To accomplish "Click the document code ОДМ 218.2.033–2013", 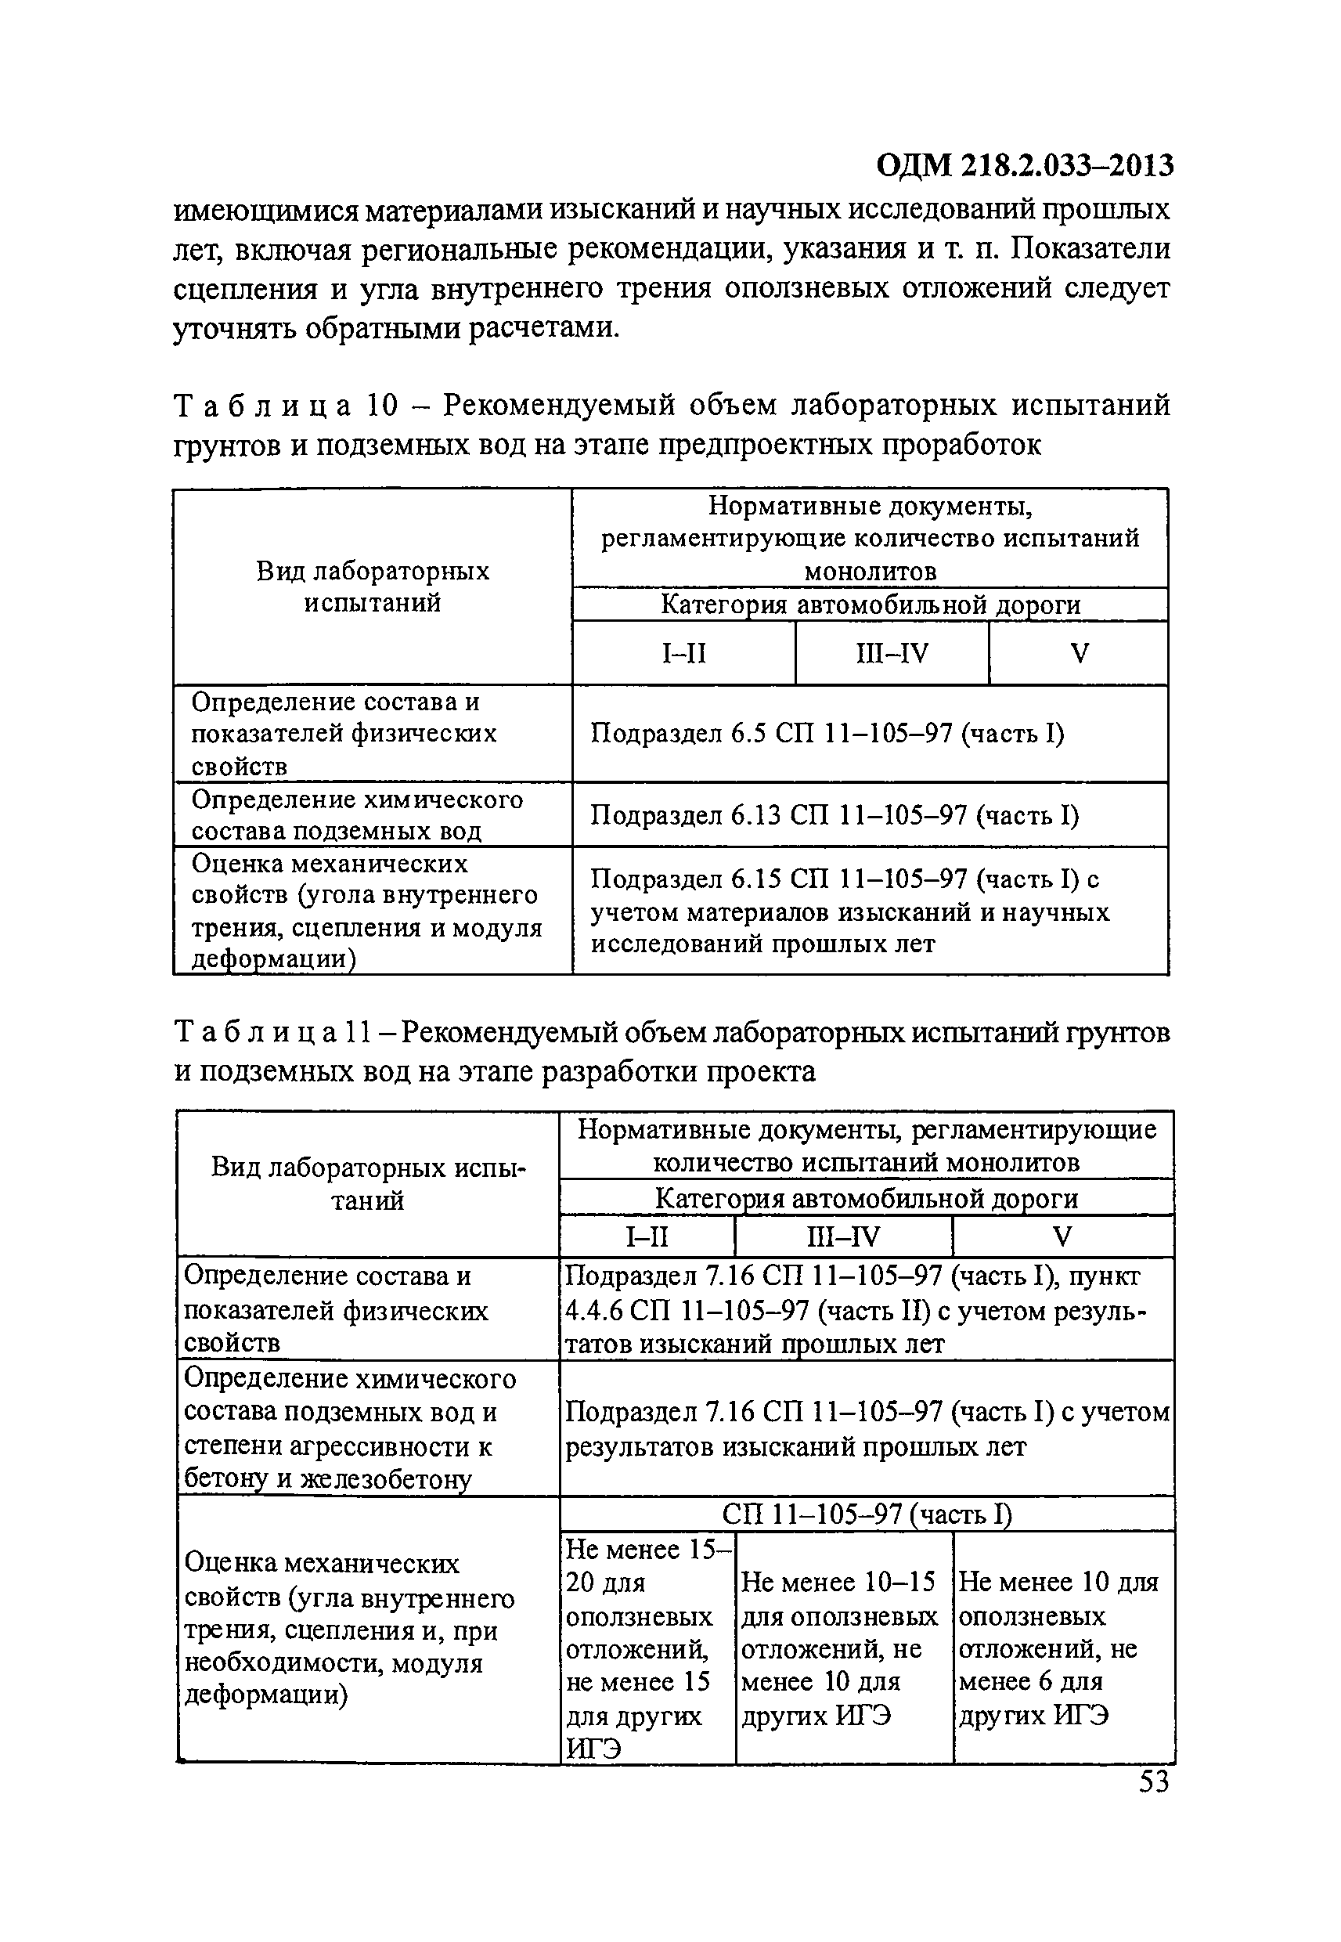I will pyautogui.click(x=1024, y=165).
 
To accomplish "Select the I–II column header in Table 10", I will pyautogui.click(x=684, y=653).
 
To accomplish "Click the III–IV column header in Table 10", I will pyautogui.click(x=892, y=653).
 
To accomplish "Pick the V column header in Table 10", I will pyautogui.click(x=1080, y=653).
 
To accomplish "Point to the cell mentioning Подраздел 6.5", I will pyautogui.click(x=827, y=734).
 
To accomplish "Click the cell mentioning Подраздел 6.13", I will pyautogui.click(x=835, y=814).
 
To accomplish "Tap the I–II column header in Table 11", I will pyautogui.click(x=646, y=1237).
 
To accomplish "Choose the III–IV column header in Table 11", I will pyautogui.click(x=843, y=1237).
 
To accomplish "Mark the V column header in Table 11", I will pyautogui.click(x=1063, y=1237).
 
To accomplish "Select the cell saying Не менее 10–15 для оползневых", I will pyautogui.click(x=843, y=1648).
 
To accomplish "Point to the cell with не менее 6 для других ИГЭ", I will pyautogui.click(x=1063, y=1648).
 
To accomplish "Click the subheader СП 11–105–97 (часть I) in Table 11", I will pyautogui.click(x=867, y=1514).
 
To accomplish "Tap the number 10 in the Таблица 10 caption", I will pyautogui.click(x=381, y=406).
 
